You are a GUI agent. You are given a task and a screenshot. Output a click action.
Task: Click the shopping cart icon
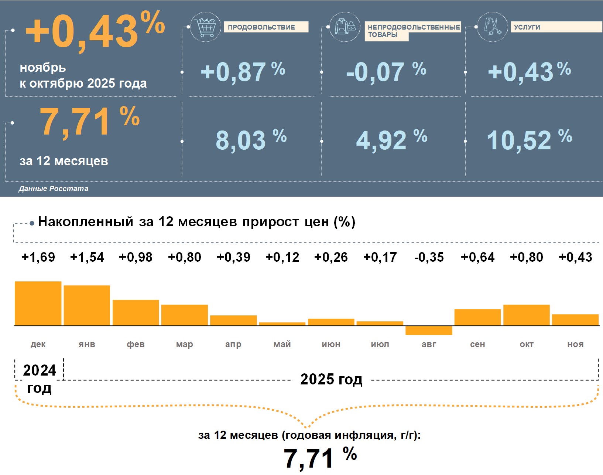coord(205,27)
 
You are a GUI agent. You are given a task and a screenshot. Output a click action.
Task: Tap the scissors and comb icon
coord(492,27)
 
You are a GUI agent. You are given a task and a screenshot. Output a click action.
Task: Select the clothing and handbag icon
coord(345,27)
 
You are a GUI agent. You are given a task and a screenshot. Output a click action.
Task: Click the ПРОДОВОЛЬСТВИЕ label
coord(261,27)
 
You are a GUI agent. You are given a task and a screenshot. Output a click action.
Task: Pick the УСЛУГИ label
coord(527,27)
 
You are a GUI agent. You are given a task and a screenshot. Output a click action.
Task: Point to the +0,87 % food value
coord(243,72)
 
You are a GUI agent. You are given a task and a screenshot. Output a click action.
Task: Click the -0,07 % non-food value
coord(386,72)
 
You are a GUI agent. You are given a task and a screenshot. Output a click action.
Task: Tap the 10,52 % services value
coord(529,140)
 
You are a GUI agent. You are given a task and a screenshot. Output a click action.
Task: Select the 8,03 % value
coord(251,140)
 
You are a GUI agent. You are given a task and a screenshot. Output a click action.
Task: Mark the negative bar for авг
coord(429,330)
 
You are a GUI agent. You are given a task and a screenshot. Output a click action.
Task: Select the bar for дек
coord(38,303)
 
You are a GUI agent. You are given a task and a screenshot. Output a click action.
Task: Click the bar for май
coord(282,324)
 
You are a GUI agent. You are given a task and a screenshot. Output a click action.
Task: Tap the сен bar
coord(477,317)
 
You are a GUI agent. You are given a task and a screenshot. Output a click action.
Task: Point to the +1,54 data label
coord(87,257)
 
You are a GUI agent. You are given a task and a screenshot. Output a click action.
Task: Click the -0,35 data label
coord(429,257)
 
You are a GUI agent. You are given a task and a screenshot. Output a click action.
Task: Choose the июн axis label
coord(331,344)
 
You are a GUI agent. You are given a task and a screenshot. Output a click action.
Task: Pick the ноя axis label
coord(575,344)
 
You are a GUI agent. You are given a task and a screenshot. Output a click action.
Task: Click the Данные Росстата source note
coord(54,189)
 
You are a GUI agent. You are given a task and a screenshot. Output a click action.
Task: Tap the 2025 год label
coord(331,379)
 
